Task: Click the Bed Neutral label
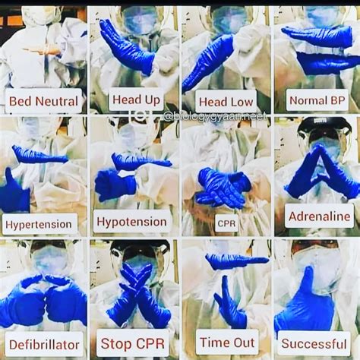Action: [x=43, y=101]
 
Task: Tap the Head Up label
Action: [x=135, y=99]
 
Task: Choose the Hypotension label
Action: [x=132, y=222]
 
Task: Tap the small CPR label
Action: [x=226, y=224]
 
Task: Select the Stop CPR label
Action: [x=134, y=343]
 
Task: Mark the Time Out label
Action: [x=226, y=342]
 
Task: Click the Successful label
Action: [x=314, y=343]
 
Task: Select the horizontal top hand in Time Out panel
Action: [x=236, y=261]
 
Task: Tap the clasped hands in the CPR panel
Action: [x=222, y=187]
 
